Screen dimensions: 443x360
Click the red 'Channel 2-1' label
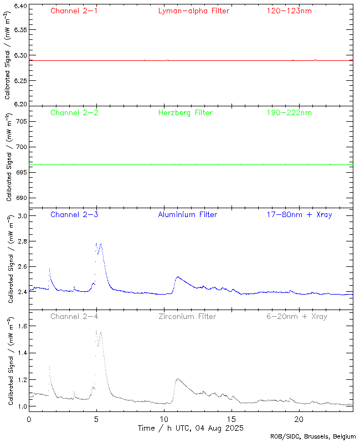coord(74,11)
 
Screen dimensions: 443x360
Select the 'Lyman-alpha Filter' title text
coord(193,11)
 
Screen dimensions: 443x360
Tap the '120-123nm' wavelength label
coord(289,11)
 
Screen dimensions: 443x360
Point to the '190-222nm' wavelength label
coord(289,113)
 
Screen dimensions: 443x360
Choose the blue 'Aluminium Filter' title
coord(188,215)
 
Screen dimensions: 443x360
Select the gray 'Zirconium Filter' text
coord(187,317)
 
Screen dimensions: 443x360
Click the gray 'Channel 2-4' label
coord(74,317)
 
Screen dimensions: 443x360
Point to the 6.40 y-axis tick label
coord(19,6)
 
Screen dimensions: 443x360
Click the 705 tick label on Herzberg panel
coord(21,121)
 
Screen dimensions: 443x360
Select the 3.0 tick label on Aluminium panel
coord(21,215)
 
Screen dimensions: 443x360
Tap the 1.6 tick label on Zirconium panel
coord(21,326)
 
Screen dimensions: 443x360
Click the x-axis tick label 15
coord(231,419)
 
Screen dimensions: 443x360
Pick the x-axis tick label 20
coord(299,419)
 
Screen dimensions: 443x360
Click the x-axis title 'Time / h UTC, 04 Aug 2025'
coord(191,428)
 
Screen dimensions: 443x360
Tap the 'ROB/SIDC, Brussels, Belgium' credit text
coord(313,437)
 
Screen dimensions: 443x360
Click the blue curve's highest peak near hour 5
coord(100,244)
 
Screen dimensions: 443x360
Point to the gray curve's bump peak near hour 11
coord(178,379)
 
